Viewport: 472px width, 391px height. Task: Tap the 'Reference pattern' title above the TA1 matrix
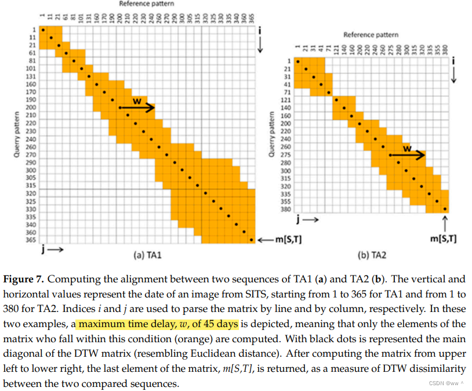(146, 3)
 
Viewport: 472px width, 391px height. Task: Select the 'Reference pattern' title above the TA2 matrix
(371, 35)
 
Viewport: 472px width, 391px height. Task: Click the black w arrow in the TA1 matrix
(137, 107)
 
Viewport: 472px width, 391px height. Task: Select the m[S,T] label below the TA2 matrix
(444, 238)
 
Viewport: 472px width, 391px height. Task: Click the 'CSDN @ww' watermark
(446, 383)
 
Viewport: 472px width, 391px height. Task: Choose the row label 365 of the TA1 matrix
(31, 239)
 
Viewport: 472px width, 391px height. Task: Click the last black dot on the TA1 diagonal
(250, 239)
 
